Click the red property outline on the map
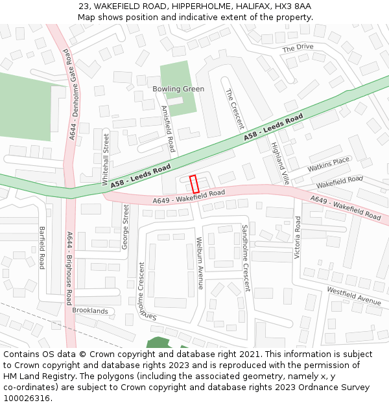(193, 183)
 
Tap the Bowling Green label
(178, 89)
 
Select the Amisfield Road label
(168, 129)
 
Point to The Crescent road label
(234, 109)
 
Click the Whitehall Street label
(106, 157)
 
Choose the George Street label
(126, 227)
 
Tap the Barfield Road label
(41, 248)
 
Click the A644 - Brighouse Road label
(69, 268)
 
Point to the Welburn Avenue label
(200, 262)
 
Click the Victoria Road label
(298, 237)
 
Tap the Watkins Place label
(328, 165)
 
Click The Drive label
(298, 47)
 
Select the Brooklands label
(90, 311)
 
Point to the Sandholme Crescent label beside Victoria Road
(246, 258)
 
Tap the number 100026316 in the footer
(27, 398)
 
